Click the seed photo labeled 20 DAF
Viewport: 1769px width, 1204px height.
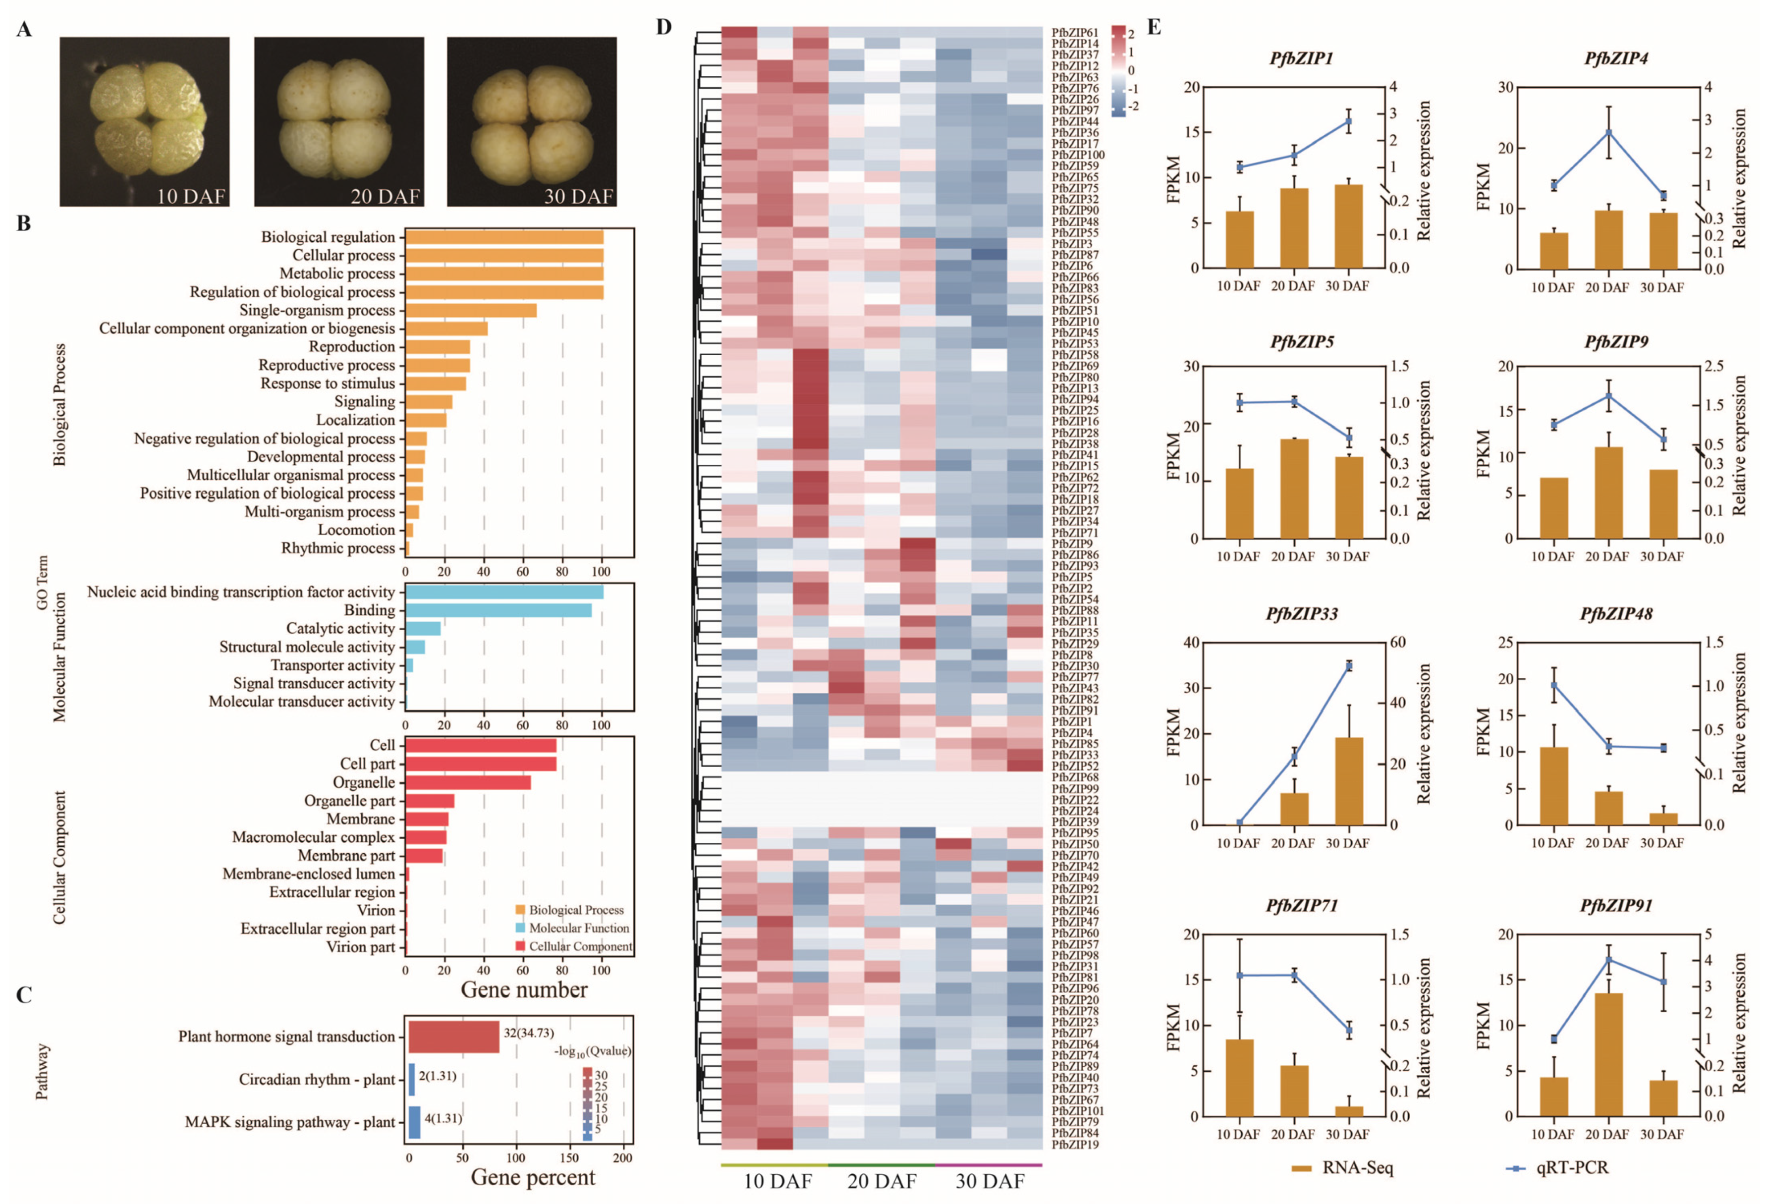coord(339,122)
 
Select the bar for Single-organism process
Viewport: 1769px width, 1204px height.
coord(470,311)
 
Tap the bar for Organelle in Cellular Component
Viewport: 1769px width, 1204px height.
coord(467,782)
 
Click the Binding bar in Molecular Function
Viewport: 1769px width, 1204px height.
coord(498,610)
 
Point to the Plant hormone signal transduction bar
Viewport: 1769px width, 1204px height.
coord(454,1037)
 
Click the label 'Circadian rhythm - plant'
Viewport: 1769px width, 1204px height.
coord(317,1079)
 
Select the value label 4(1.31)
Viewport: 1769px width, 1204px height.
coord(443,1118)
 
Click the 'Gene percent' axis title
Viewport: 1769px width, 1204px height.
coord(533,1177)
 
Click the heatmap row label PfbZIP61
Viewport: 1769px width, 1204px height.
coord(1075,33)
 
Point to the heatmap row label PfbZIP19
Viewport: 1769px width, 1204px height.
coord(1075,1144)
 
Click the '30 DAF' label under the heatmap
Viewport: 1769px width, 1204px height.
coord(990,1181)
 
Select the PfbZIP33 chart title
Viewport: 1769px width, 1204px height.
coord(1302,613)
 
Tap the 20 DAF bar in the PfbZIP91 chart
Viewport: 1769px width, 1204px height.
coord(1607,1054)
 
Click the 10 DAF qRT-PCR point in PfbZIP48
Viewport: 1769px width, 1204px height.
coord(1553,685)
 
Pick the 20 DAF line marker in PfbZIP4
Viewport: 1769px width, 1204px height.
coord(1607,133)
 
